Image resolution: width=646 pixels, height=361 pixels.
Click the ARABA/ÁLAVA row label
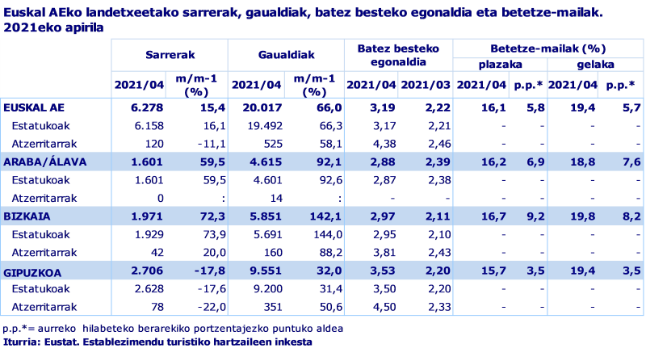click(x=39, y=162)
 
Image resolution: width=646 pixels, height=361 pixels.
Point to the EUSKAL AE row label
click(x=34, y=107)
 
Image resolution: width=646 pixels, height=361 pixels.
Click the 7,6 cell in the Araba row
click(x=631, y=162)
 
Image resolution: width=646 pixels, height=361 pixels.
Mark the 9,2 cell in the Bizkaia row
click(x=536, y=217)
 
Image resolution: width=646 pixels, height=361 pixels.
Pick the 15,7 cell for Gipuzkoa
click(x=493, y=272)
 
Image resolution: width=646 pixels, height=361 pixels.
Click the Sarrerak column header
click(x=169, y=55)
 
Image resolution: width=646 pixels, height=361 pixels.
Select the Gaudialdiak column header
click(x=286, y=55)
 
